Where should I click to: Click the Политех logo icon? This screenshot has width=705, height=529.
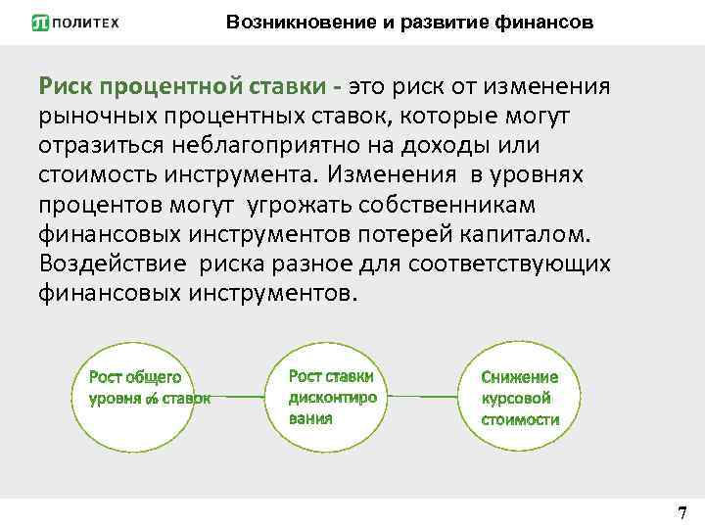click(x=40, y=23)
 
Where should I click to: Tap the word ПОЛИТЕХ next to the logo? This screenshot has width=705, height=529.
click(x=86, y=23)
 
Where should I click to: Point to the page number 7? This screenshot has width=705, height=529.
click(x=681, y=512)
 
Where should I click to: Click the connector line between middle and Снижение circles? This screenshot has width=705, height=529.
click(x=423, y=397)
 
